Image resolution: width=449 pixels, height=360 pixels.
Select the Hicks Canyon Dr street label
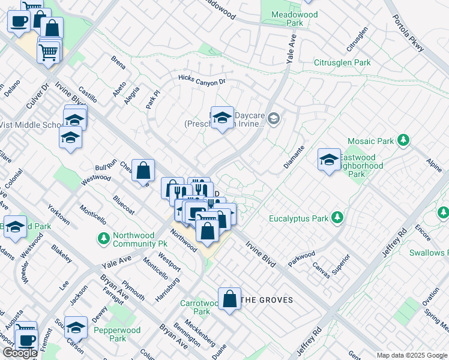click(202, 80)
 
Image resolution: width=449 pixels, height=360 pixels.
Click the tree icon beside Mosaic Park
click(403, 140)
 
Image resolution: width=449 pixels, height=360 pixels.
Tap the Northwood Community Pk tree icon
click(103, 239)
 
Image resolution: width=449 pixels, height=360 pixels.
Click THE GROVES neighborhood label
click(267, 300)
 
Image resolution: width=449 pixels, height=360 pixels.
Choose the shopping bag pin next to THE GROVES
click(229, 298)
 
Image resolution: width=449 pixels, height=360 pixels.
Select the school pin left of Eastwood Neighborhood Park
click(328, 159)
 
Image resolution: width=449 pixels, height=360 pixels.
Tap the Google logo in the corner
click(20, 353)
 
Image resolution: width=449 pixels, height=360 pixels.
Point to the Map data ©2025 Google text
click(412, 355)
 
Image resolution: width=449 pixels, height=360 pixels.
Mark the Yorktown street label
click(58, 214)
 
